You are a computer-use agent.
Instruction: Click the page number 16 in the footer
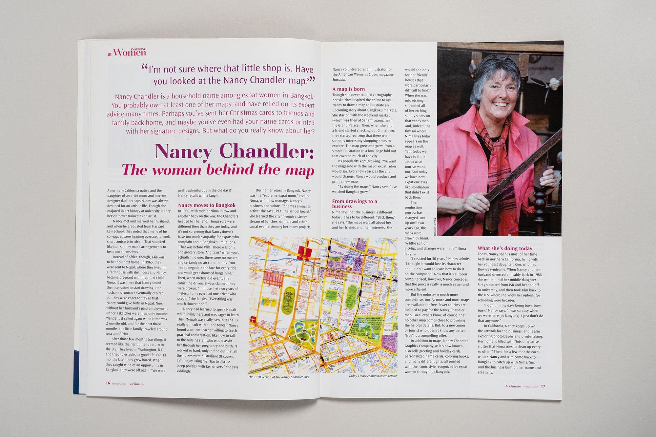click(x=108, y=383)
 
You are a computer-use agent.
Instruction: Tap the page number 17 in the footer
click(x=543, y=386)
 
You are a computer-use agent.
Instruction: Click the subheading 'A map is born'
click(x=348, y=89)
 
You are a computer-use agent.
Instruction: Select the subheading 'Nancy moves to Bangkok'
click(x=207, y=206)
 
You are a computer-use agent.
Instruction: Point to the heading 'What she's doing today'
click(x=505, y=248)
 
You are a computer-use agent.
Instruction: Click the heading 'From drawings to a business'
click(x=354, y=204)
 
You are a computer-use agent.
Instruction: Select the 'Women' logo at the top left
click(x=129, y=52)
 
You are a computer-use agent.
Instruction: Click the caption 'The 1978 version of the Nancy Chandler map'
click(x=278, y=377)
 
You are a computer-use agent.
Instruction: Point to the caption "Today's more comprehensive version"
click(x=373, y=376)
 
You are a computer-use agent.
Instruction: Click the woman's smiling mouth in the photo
click(x=500, y=105)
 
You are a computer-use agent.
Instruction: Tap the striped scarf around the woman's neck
click(x=495, y=138)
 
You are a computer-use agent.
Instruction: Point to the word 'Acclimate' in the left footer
click(x=136, y=384)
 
